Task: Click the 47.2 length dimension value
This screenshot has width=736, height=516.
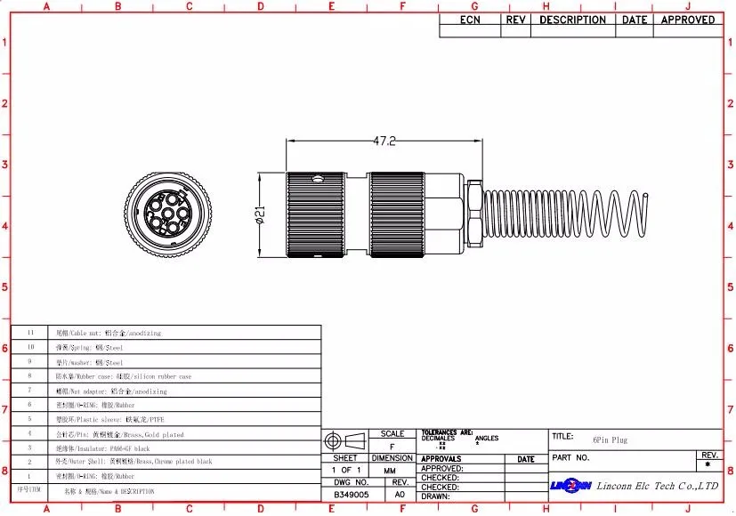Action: coord(384,141)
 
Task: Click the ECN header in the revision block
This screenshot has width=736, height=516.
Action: coord(470,20)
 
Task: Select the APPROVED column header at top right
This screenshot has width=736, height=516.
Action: coord(688,20)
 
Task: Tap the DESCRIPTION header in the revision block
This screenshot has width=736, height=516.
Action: coord(572,20)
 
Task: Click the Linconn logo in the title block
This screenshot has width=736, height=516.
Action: coord(570,485)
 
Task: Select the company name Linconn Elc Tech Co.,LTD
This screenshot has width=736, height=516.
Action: coord(657,486)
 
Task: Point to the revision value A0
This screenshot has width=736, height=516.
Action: coord(400,493)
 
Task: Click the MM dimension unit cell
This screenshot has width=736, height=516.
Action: coord(390,470)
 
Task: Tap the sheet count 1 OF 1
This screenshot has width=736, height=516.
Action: coord(346,470)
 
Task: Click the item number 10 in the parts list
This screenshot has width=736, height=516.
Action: coord(30,347)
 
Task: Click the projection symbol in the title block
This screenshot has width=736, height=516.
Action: coord(344,441)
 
